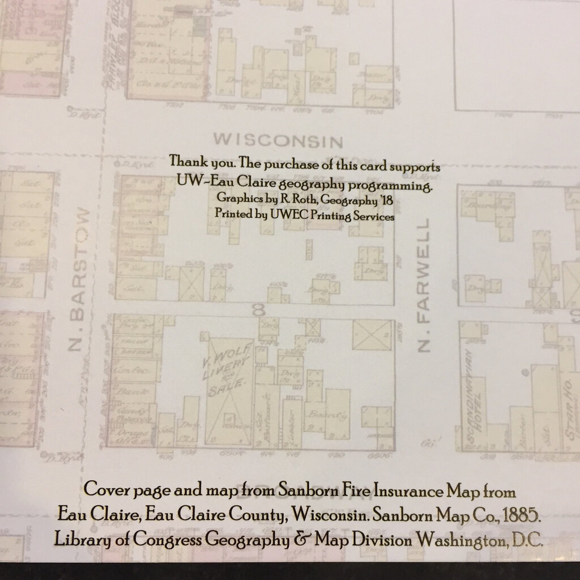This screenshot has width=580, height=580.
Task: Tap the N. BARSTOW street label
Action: click(79, 280)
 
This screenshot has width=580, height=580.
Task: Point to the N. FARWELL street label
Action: click(424, 285)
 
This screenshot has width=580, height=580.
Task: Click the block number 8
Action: click(260, 310)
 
